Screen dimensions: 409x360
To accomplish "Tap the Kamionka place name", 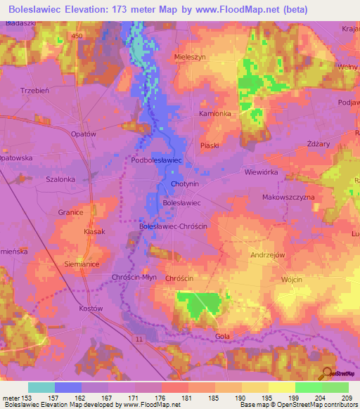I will [195, 113].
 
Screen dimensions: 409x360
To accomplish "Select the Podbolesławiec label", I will [157, 161].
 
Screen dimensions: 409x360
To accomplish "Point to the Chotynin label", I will [185, 185].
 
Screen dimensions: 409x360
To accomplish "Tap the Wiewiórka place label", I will [262, 171].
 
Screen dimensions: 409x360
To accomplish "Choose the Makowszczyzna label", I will [288, 198].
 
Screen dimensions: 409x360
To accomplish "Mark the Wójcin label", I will [291, 280].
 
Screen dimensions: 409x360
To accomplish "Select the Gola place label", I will [223, 337].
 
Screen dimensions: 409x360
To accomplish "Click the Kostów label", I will [91, 309].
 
